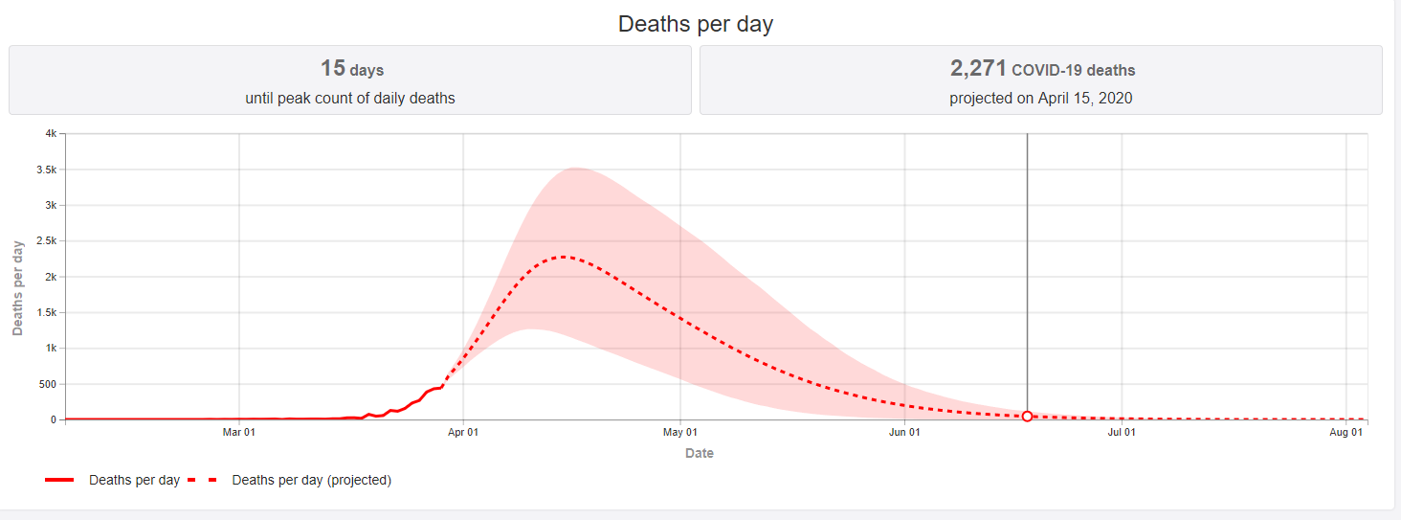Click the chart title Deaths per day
click(696, 24)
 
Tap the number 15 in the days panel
click(332, 68)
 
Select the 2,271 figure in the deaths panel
click(978, 68)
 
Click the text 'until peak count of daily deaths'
click(350, 98)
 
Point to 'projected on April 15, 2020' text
click(1041, 98)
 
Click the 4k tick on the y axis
click(51, 134)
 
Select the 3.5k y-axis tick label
click(47, 170)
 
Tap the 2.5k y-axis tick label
click(47, 241)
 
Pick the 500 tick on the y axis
click(49, 384)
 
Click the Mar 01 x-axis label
click(238, 433)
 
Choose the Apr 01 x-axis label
click(463, 433)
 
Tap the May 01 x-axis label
click(680, 433)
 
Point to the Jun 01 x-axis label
click(905, 433)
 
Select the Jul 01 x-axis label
click(1122, 433)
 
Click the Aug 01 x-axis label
click(1346, 433)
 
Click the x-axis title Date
click(700, 453)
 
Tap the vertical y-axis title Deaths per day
click(18, 287)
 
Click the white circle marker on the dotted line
click(1027, 417)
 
